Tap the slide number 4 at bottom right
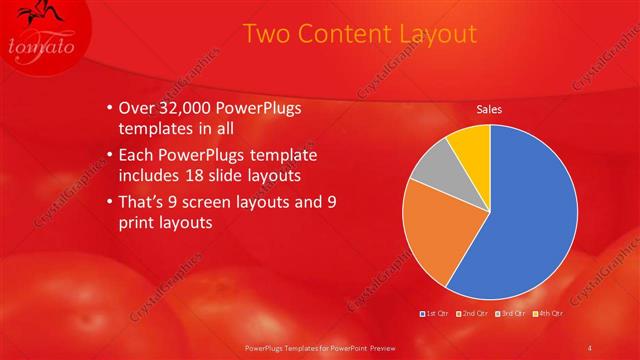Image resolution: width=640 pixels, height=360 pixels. coord(589,347)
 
